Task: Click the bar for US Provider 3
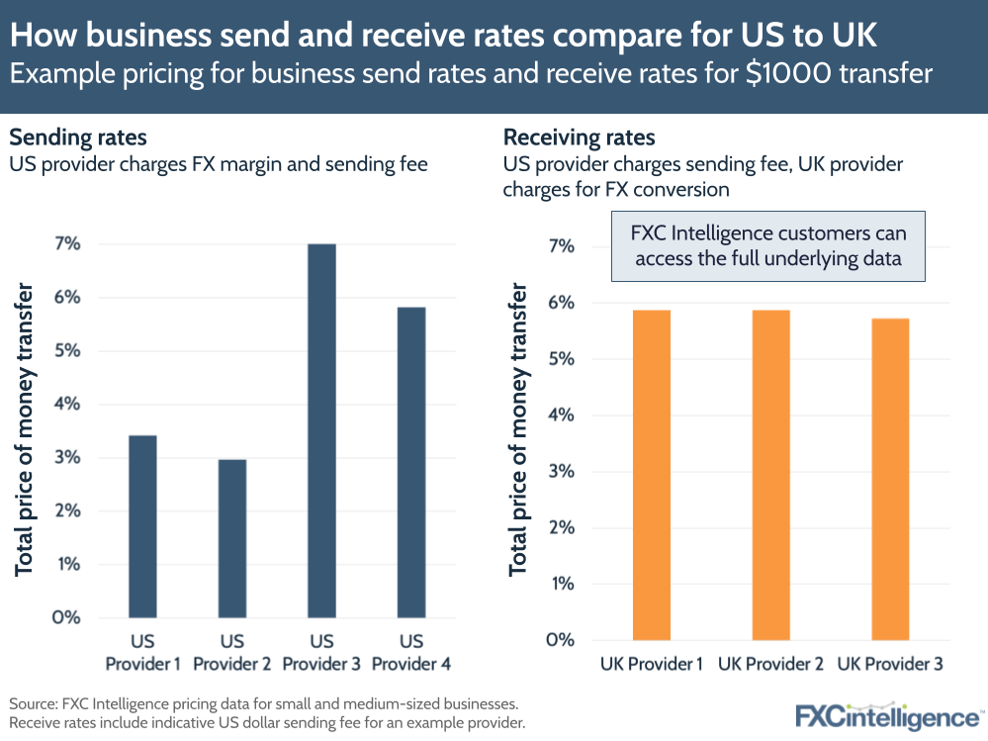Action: pos(321,430)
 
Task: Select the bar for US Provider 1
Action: pos(142,526)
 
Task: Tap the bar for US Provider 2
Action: pos(231,538)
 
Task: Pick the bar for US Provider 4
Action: pos(410,462)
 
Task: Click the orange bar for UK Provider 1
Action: pos(651,475)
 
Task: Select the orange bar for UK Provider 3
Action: pos(890,479)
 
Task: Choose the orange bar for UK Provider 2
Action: pos(770,475)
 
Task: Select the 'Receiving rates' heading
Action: pos(580,138)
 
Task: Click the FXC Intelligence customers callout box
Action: pos(768,245)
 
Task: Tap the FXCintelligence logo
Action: pos(888,715)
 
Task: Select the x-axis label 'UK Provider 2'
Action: pos(770,664)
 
